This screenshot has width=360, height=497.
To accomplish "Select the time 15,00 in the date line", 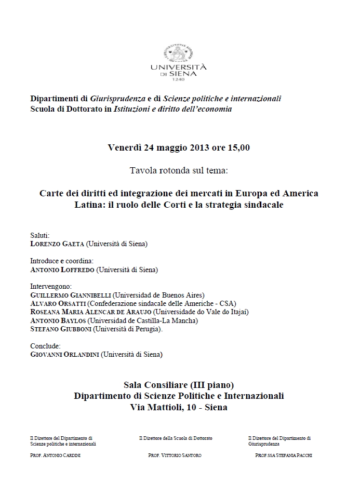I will click(x=238, y=147).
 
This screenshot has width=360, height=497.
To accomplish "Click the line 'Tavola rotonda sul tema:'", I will click(x=179, y=170).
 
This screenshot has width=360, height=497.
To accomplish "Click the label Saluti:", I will click(x=40, y=235).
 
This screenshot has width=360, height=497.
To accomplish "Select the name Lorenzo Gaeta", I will click(x=55, y=243).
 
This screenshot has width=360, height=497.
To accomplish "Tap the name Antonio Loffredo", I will click(x=62, y=270).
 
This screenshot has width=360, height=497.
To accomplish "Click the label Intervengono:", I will click(x=51, y=286).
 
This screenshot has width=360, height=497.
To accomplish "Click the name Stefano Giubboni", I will click(x=60, y=329).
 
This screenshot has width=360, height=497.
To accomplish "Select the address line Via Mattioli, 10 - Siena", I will click(x=179, y=408).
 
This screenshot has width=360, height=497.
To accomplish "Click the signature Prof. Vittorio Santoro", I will click(x=175, y=455).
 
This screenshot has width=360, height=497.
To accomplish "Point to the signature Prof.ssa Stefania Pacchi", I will click(x=284, y=455).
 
